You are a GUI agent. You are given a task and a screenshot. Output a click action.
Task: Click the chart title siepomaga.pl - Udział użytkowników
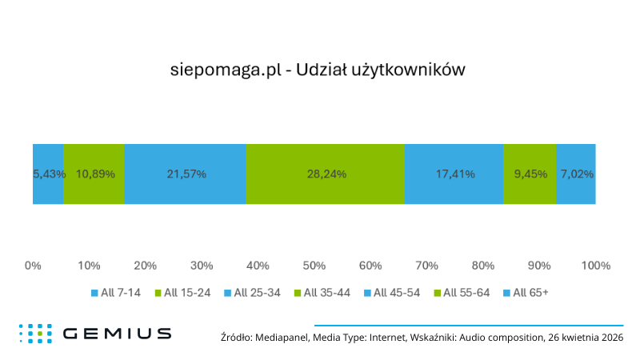(318, 70)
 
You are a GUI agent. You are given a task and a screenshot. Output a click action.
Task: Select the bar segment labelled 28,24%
(325, 174)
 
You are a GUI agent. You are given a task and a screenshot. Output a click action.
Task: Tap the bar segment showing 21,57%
(185, 174)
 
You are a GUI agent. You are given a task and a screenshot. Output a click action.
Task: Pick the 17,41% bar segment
(454, 174)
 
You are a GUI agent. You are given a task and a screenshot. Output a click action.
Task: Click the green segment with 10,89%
(94, 174)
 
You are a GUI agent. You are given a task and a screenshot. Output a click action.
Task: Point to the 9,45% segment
(530, 174)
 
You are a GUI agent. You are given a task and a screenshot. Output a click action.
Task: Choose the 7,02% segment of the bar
(576, 174)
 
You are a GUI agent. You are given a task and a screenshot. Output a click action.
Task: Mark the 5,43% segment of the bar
(48, 174)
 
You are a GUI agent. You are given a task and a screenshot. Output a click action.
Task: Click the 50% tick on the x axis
(314, 266)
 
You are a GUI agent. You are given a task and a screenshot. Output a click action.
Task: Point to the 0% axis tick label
(33, 266)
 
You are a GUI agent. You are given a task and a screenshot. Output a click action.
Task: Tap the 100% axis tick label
(595, 266)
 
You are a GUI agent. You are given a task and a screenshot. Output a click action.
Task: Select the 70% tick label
(426, 266)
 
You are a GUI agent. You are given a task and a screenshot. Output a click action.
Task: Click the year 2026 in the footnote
(608, 338)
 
